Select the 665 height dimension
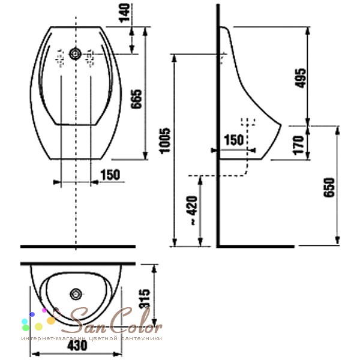coord(136,99)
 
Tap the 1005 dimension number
coord(166,141)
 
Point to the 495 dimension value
coord(301,78)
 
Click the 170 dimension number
coord(298,145)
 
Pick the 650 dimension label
coord(329,187)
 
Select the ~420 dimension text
coord(192,210)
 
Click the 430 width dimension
coord(77,346)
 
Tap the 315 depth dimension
coord(144,298)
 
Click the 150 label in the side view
coord(233,140)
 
